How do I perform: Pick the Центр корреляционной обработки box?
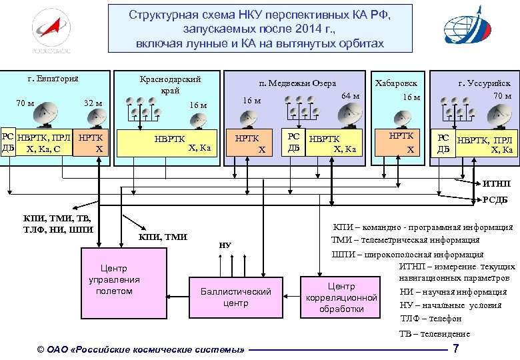pos(341,297)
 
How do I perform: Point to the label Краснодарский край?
pos(169,83)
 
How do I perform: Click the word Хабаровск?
pos(396,83)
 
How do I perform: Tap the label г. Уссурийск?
pos(484,83)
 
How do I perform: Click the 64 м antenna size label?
pos(350,96)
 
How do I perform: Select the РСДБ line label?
pos(494,199)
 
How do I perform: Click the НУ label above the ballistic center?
pos(225,245)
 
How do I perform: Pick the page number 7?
pos(455,349)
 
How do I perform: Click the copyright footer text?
pos(141,349)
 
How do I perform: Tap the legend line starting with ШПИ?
pos(407,254)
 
